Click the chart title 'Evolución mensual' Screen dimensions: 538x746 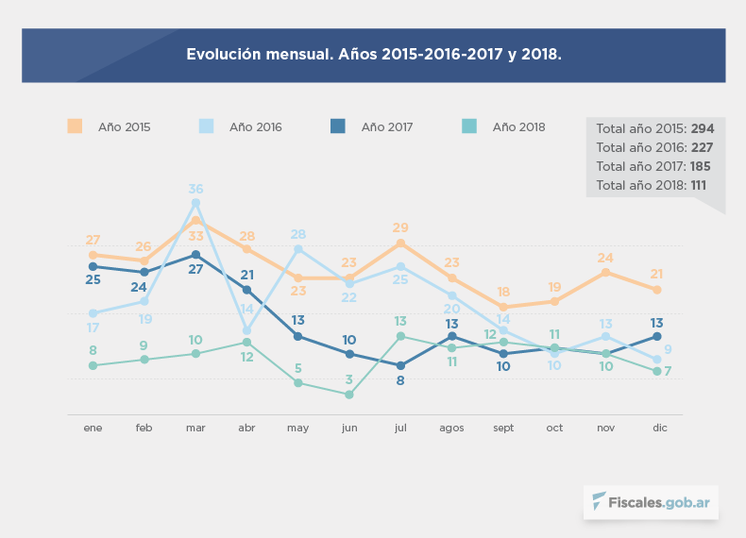373,55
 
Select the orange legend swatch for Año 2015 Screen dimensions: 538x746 75,126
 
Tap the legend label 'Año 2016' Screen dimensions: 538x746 255,126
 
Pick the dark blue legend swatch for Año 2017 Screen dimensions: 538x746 338,126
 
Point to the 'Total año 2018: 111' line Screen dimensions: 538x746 652,185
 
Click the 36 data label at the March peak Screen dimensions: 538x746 195,189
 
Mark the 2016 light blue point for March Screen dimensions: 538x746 195,203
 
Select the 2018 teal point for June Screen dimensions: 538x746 349,395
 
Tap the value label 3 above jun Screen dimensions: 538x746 349,379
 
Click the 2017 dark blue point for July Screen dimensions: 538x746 400,365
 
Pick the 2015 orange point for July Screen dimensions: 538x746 400,244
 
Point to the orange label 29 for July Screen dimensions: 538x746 400,228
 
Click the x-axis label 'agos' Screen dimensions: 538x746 451,428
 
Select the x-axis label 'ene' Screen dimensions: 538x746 93,428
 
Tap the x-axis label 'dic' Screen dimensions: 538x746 660,428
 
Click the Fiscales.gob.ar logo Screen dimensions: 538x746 651,502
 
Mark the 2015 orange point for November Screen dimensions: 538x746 605,273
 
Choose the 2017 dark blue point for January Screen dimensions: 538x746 93,266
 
